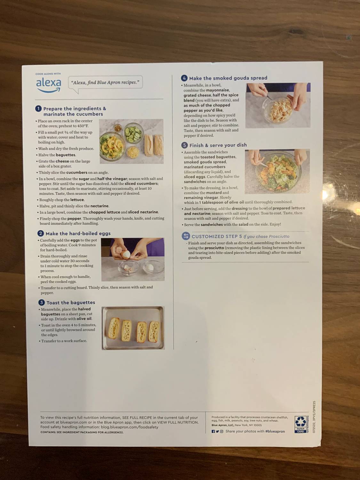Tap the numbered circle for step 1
(x=38, y=108)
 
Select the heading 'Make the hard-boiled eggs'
(x=78, y=233)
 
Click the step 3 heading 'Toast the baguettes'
(x=71, y=302)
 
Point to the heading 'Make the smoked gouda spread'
(x=228, y=78)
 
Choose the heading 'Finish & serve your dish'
(x=218, y=145)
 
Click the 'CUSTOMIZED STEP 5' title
(x=217, y=236)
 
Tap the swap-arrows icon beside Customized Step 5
(x=186, y=236)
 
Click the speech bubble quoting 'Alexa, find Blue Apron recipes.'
(x=105, y=83)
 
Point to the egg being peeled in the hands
(x=127, y=254)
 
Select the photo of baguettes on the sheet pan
(x=133, y=328)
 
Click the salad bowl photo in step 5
(x=277, y=171)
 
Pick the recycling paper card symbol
(x=300, y=424)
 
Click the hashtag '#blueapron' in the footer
(x=275, y=431)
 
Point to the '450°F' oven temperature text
(x=82, y=126)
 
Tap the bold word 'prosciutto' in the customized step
(x=214, y=248)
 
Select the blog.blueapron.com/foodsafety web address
(x=130, y=427)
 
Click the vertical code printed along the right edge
(x=314, y=417)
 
